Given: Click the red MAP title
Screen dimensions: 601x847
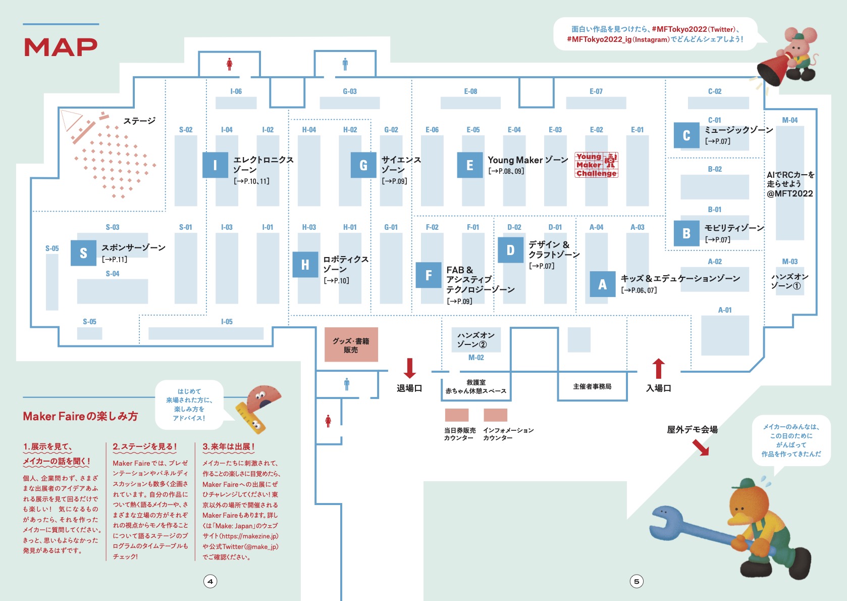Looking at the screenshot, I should tap(61, 47).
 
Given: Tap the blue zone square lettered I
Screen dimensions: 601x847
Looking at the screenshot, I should tap(215, 165).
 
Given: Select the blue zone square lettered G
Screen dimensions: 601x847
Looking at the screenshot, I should tap(363, 165).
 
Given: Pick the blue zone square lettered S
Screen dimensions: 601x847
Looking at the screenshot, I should tap(83, 253).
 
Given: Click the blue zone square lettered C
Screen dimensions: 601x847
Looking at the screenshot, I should tap(686, 135).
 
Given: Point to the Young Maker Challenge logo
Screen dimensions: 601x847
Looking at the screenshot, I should tap(596, 165).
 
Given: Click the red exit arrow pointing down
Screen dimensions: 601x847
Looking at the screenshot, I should tap(410, 368).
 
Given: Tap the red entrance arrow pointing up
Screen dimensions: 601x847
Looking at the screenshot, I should tap(658, 369).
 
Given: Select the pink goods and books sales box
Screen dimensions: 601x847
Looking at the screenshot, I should tap(351, 345).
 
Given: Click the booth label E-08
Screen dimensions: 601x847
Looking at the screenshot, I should tap(470, 91).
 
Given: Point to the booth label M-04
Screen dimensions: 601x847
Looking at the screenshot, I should tap(789, 120).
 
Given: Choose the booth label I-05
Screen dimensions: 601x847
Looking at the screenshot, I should tap(227, 322).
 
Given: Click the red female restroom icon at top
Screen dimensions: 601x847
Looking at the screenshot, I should tap(230, 64).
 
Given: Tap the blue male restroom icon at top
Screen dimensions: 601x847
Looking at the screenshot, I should tap(345, 64).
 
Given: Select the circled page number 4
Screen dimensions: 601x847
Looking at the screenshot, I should tap(210, 581).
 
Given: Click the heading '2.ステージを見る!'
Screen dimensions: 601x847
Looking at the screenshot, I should tap(145, 446).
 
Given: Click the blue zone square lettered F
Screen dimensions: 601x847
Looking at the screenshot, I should tap(428, 275).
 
